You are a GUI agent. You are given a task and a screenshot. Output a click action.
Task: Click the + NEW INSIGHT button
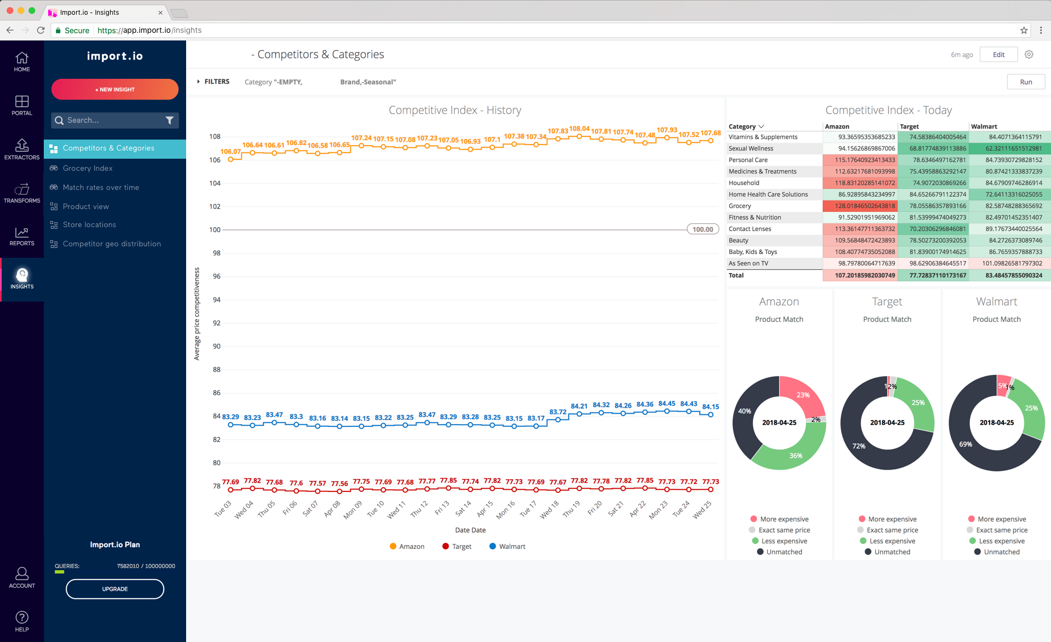[x=115, y=89]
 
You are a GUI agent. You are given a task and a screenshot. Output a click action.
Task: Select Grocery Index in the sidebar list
[x=88, y=168]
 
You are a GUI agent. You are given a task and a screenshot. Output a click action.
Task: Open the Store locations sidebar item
[x=89, y=224]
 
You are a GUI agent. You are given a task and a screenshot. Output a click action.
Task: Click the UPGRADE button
[x=115, y=589]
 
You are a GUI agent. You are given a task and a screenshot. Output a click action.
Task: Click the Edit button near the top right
[x=998, y=54]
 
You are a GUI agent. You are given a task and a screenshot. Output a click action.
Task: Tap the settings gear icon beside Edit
[x=1029, y=54]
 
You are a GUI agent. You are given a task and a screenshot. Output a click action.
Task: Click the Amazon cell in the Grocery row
[x=860, y=206]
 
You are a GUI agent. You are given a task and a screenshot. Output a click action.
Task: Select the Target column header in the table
[x=910, y=126]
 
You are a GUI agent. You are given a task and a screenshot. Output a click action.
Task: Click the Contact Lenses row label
[x=750, y=229]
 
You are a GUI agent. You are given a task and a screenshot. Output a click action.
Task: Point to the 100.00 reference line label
[x=703, y=229]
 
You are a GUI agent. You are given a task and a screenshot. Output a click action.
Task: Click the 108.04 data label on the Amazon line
[x=579, y=129]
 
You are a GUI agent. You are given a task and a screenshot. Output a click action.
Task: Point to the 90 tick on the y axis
[x=217, y=346]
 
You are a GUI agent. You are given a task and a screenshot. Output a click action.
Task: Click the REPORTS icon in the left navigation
[x=22, y=236]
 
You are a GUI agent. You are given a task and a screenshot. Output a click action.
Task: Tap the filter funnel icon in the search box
[x=170, y=120]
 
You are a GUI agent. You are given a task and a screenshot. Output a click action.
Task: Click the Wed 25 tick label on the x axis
[x=702, y=509]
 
